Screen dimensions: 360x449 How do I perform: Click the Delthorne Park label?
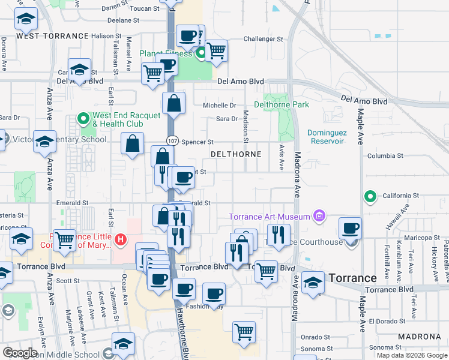282,104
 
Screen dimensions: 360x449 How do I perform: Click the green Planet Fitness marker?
202,53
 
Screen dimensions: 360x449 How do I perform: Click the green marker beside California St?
370,196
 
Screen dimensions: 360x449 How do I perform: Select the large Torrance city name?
352,278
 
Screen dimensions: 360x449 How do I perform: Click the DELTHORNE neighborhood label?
236,154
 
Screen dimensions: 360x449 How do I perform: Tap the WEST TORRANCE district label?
53,36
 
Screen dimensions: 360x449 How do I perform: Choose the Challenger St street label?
263,39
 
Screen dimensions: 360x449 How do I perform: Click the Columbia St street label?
385,156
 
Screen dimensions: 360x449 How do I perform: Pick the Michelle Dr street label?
219,105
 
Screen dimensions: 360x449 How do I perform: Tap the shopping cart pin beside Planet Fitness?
216,50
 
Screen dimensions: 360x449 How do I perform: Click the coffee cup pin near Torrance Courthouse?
351,228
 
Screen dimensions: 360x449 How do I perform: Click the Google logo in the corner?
19,353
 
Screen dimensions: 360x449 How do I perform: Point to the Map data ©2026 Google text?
412,355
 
